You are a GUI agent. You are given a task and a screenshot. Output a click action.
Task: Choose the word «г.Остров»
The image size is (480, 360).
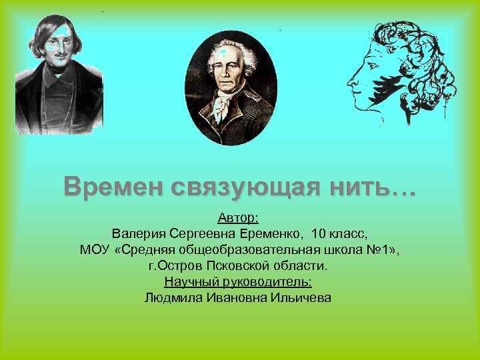174,265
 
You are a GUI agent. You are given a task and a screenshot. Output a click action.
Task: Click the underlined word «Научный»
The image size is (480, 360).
189,281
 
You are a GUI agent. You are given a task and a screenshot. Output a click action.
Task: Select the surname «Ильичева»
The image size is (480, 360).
301,297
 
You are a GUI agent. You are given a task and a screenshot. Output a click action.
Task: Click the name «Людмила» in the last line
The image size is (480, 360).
170,297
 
